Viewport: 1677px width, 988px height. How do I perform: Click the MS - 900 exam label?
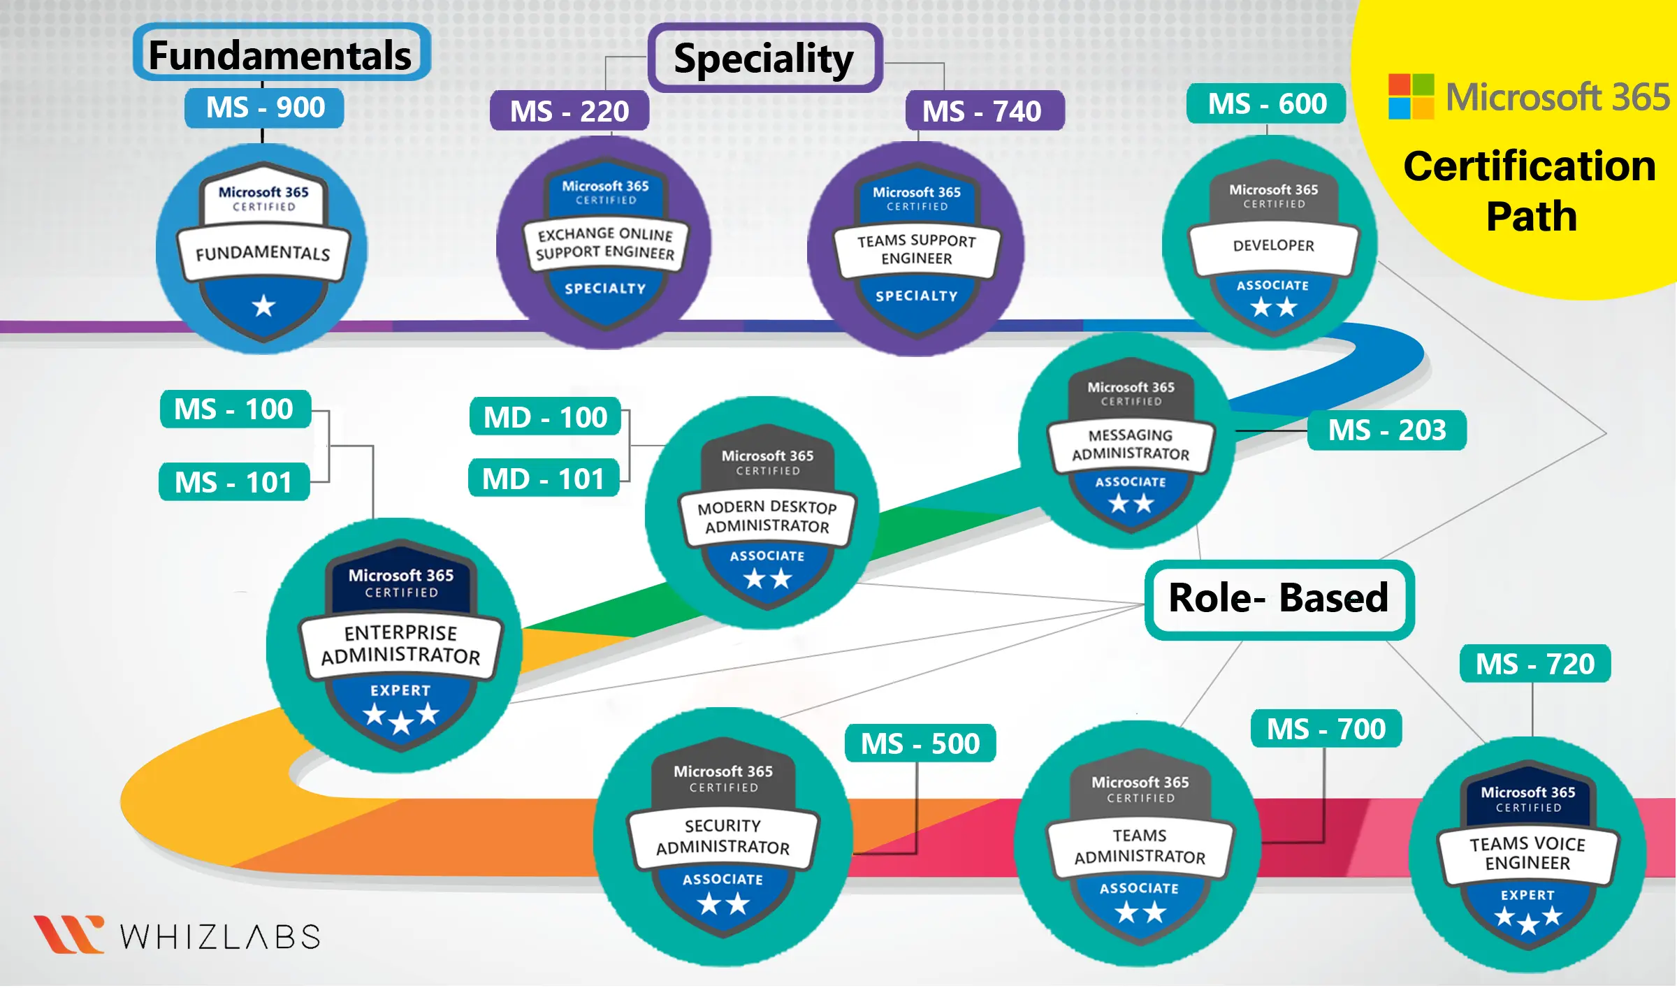[x=264, y=108]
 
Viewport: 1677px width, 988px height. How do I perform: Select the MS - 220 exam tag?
[x=569, y=111]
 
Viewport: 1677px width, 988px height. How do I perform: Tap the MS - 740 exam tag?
[x=984, y=111]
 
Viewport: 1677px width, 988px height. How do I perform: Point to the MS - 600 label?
[x=1266, y=104]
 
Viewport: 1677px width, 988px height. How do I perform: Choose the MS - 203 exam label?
[x=1386, y=430]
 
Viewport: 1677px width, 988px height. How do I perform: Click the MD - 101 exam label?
[x=543, y=479]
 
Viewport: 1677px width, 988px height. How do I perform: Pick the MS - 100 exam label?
[x=234, y=409]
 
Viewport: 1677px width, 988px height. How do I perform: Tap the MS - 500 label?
[x=920, y=743]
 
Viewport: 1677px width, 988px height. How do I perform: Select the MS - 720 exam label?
[x=1534, y=664]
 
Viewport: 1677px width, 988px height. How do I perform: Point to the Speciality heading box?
[x=764, y=58]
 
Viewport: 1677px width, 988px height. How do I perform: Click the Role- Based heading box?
[x=1279, y=599]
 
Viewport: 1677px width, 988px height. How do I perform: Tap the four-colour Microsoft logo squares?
[x=1411, y=96]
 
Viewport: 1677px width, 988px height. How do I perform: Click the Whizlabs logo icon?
[x=68, y=933]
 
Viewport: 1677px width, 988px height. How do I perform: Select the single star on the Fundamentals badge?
[x=263, y=306]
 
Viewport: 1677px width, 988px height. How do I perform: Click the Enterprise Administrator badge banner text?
[x=401, y=644]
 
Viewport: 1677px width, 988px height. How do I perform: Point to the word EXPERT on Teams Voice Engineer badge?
[x=1527, y=895]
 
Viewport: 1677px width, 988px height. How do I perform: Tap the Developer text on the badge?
[x=1273, y=245]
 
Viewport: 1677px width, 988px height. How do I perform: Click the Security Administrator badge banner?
[x=723, y=836]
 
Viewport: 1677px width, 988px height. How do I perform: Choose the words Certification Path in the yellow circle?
[x=1530, y=191]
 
